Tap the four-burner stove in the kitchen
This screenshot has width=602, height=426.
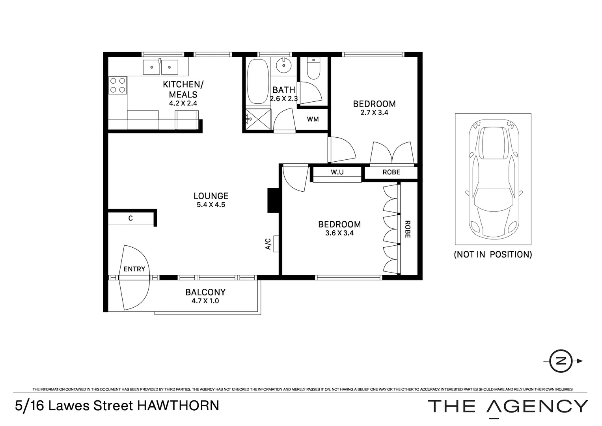pos(118,85)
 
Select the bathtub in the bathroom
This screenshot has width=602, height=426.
pos(258,82)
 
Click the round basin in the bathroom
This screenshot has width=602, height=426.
pos(283,65)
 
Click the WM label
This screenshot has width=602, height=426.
pos(313,119)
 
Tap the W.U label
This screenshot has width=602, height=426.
pos(337,172)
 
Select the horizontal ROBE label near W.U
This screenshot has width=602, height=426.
pos(391,172)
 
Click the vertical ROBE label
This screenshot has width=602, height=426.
pos(407,229)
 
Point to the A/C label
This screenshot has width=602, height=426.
pos(268,244)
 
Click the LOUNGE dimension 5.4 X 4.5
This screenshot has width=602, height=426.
pos(211,205)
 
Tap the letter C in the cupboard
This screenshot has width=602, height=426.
pos(130,218)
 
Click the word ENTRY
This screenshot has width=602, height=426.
pos(134,269)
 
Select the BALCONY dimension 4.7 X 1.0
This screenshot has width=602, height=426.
pos(205,301)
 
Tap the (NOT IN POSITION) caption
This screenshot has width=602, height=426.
pos(493,254)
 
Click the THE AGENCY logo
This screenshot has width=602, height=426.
pos(508,406)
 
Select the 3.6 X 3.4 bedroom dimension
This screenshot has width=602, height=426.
pos(339,233)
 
